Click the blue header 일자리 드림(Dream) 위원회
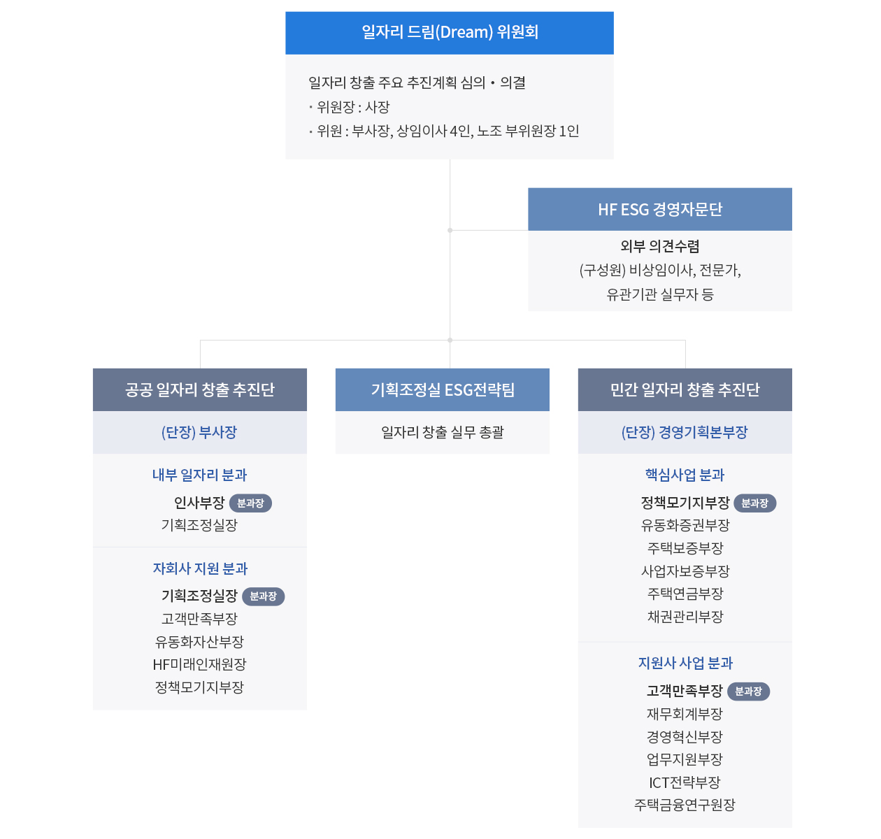(449, 33)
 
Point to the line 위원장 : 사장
(350, 107)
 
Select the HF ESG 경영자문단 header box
(659, 209)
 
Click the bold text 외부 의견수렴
(659, 246)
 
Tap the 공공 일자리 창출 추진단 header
(200, 389)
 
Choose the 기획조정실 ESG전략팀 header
(443, 389)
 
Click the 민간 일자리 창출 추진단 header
(685, 389)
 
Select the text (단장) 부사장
(199, 433)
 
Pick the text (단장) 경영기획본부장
(685, 433)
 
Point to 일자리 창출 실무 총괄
(443, 433)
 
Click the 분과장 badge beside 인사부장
(250, 503)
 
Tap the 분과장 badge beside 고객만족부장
(748, 691)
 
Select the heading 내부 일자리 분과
(200, 475)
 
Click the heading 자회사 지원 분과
(200, 568)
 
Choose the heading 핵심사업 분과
(685, 475)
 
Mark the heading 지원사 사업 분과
(685, 663)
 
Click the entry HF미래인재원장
(199, 664)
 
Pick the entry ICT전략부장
(685, 782)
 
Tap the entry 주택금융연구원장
(685, 805)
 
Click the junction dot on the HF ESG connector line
(450, 230)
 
